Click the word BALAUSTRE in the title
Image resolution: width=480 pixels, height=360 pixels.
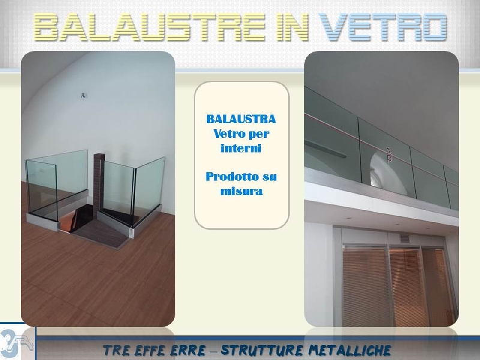click(149, 27)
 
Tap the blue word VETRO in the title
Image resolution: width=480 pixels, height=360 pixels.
click(383, 27)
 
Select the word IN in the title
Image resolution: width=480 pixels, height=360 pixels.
click(292, 27)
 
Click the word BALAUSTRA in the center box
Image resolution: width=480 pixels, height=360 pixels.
click(241, 119)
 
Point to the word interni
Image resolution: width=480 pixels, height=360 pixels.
click(241, 148)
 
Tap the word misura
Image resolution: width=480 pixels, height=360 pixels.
click(242, 191)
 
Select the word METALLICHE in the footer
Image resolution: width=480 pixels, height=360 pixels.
click(350, 350)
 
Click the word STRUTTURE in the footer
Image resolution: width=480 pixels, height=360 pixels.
click(262, 350)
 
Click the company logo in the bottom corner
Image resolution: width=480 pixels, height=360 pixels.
click(17, 343)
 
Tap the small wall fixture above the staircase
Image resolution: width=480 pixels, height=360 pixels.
click(83, 96)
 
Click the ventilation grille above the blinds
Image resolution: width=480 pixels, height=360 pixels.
click(404, 238)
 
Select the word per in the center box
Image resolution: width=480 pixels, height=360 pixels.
click(259, 134)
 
